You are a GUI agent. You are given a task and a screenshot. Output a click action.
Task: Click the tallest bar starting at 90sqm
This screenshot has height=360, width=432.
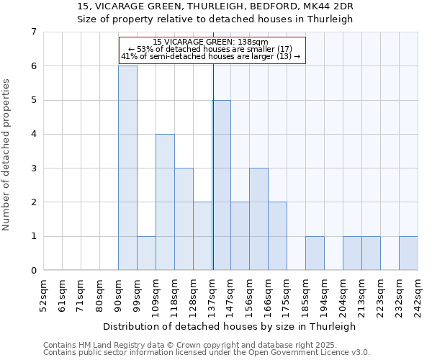127,168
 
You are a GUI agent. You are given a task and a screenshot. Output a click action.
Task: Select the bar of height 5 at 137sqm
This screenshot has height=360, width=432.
221,185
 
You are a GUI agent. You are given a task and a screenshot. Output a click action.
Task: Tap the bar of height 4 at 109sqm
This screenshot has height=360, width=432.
165,202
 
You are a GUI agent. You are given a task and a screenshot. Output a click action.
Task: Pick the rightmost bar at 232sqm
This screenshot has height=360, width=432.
408,253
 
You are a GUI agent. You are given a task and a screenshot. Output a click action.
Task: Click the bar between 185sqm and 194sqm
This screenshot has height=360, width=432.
315,253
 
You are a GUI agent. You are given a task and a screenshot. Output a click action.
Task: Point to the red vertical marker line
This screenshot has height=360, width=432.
213,166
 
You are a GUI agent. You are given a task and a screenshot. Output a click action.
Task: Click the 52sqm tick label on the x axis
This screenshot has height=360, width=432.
44,295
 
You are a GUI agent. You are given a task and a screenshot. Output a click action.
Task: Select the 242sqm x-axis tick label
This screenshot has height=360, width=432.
418,295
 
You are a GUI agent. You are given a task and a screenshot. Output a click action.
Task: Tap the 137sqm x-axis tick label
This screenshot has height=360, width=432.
212,295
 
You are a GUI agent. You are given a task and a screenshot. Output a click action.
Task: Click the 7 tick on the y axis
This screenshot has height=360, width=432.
33,32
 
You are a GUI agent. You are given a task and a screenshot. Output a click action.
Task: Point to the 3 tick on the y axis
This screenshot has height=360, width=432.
33,168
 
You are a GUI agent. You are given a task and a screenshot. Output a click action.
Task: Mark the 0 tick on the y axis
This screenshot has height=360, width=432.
33,271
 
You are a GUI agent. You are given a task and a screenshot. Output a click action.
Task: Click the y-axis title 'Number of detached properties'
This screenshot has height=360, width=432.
7,155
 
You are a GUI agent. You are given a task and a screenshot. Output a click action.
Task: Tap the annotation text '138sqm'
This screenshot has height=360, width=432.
255,42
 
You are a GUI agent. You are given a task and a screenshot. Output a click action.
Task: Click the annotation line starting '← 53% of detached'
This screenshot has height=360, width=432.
210,49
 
